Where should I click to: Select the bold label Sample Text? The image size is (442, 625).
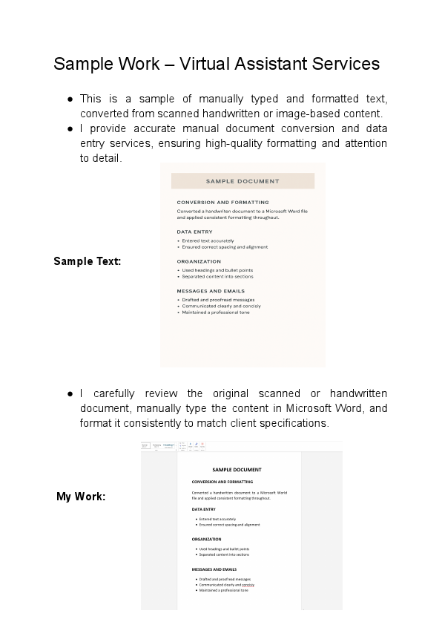[88, 261]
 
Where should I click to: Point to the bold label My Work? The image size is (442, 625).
[81, 497]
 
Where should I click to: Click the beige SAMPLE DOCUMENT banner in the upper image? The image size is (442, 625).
[243, 181]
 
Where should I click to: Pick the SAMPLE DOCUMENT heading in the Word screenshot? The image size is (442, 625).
[237, 470]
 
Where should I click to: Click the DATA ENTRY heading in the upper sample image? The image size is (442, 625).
[194, 232]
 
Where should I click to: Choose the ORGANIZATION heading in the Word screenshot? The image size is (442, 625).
[206, 539]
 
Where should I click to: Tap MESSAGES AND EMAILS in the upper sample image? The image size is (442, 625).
[211, 291]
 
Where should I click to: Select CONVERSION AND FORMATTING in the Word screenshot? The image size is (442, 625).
[222, 482]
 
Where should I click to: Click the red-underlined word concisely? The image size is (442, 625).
[248, 585]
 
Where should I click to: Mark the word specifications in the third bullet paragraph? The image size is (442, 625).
[294, 423]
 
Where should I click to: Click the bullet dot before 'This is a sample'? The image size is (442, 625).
[69, 99]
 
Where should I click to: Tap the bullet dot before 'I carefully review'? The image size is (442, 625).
[69, 393]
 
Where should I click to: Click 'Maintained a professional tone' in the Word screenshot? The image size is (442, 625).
[223, 590]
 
